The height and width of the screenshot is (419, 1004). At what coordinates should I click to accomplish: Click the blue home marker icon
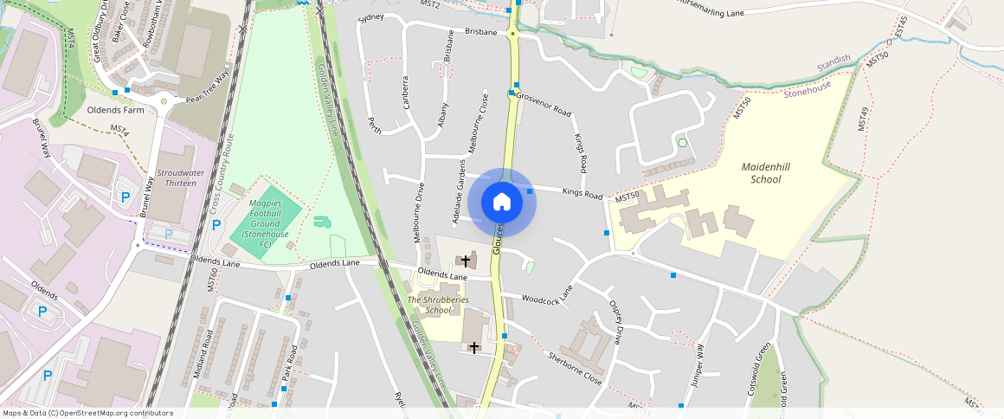point(502,203)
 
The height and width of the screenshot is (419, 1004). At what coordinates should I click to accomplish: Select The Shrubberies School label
point(438,305)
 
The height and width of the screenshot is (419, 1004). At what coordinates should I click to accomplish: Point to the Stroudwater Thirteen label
point(180,178)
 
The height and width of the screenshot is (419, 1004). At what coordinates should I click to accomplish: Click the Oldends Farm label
point(115,111)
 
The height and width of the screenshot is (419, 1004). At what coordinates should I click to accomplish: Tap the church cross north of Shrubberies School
point(466,261)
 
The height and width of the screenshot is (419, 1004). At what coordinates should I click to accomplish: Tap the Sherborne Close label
point(575,368)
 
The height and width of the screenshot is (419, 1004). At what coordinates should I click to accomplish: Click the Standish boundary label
point(834,63)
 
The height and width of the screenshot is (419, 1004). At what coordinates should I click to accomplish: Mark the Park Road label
point(292,365)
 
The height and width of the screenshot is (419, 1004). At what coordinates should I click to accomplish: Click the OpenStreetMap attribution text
point(87,413)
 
